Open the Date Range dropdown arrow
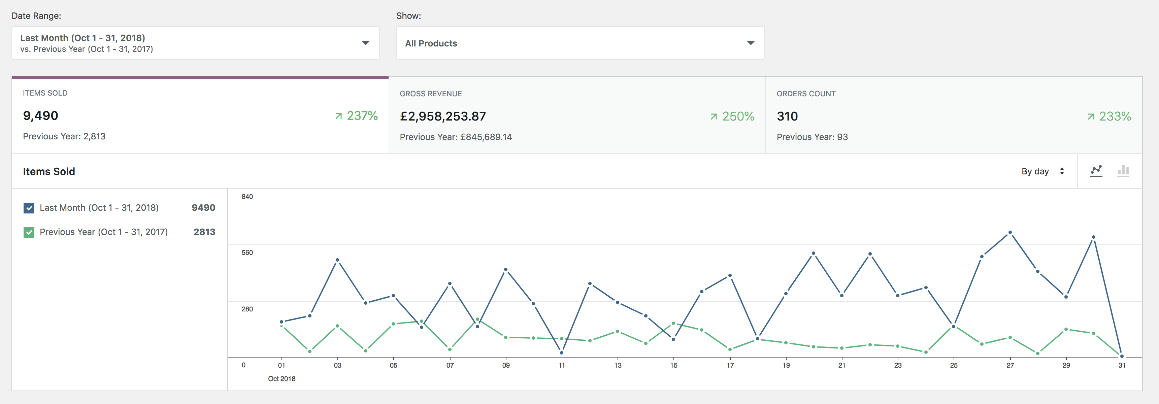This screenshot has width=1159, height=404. tap(365, 43)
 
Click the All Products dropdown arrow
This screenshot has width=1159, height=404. tap(751, 43)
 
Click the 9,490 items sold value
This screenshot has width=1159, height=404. tap(40, 115)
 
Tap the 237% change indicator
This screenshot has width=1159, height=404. tap(356, 115)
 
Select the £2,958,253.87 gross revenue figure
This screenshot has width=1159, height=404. tap(443, 116)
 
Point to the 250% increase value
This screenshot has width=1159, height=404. tap(732, 116)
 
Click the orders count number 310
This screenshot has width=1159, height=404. tap(787, 116)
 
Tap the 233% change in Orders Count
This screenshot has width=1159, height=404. tap(1109, 116)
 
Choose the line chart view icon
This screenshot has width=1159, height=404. tap(1096, 171)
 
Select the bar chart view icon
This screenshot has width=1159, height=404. tap(1123, 171)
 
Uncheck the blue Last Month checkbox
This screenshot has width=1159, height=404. tap(29, 208)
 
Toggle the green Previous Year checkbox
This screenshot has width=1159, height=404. tap(29, 232)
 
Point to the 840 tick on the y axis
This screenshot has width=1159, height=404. tap(247, 197)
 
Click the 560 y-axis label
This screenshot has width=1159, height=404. tap(247, 253)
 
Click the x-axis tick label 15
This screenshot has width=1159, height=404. tap(673, 365)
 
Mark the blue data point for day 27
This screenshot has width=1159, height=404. tap(1010, 233)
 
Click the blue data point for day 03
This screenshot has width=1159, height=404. tap(337, 260)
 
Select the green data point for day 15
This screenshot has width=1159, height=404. tap(673, 323)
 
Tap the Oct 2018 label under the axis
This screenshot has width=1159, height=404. tap(282, 379)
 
